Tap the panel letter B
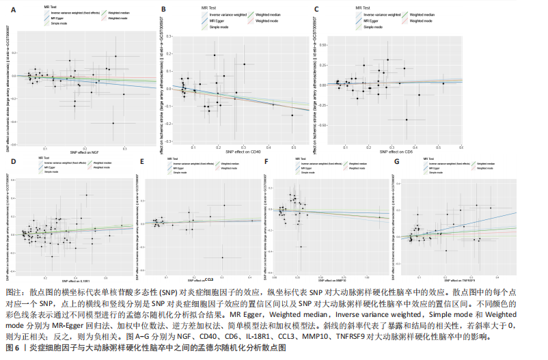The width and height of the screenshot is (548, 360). point(163,10)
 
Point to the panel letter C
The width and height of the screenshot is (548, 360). point(316,10)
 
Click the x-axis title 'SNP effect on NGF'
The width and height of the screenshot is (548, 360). point(83,151)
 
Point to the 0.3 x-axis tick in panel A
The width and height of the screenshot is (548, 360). point(125,147)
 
